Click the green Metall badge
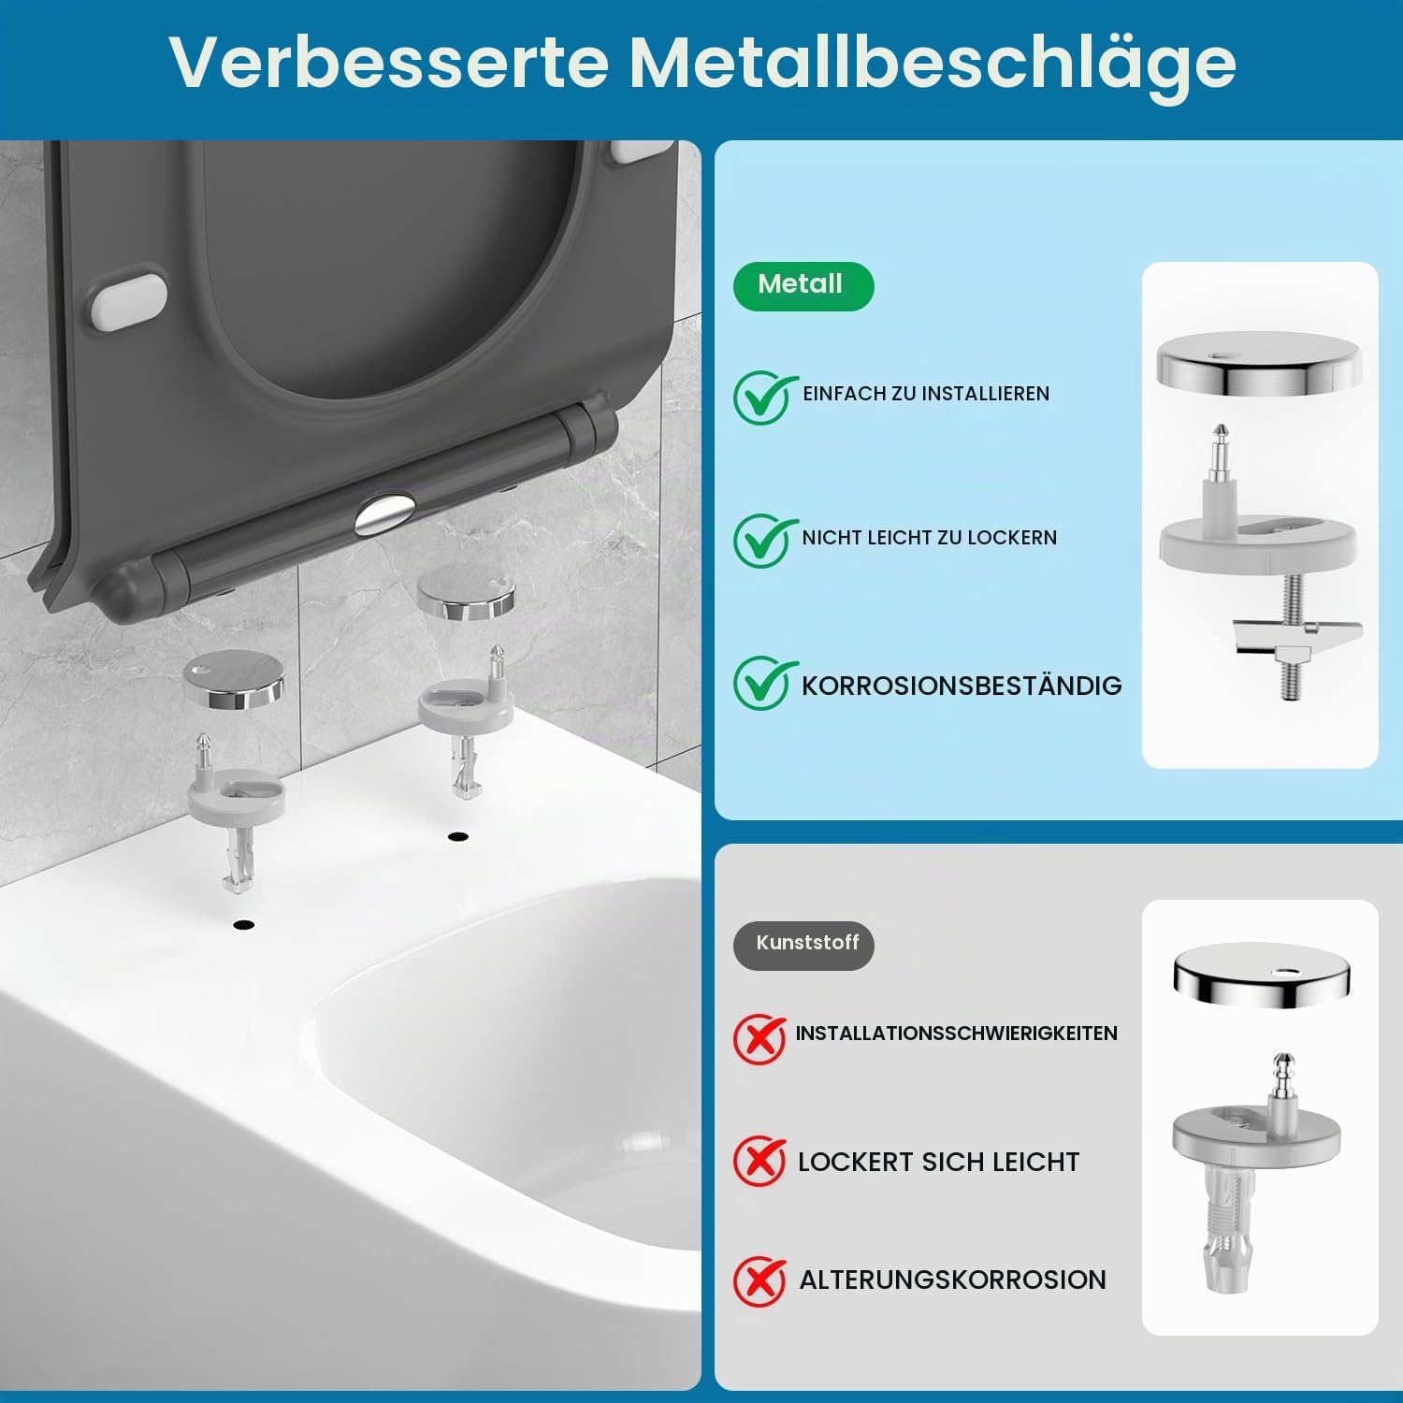(x=803, y=286)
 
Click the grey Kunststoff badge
(x=803, y=945)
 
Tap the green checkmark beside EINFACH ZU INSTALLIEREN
(x=763, y=397)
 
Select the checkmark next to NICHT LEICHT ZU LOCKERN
(x=763, y=540)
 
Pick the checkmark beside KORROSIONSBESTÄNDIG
(x=763, y=683)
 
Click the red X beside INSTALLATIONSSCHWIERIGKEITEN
(x=759, y=1038)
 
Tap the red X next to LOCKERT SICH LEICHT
(x=759, y=1161)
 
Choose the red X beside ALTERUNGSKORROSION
(x=759, y=1280)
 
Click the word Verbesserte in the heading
(x=390, y=62)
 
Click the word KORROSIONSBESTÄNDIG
(x=962, y=686)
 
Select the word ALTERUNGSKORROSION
(x=952, y=1280)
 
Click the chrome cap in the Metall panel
(x=1259, y=361)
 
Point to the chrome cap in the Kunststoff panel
(x=1262, y=976)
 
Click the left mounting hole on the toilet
(x=244, y=925)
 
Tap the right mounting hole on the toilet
(x=457, y=836)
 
